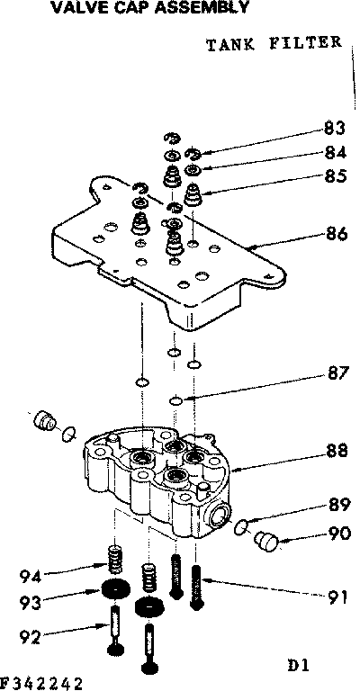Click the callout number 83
coord(335,128)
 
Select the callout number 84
coord(335,152)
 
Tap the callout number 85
coord(335,176)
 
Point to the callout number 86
coord(335,237)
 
